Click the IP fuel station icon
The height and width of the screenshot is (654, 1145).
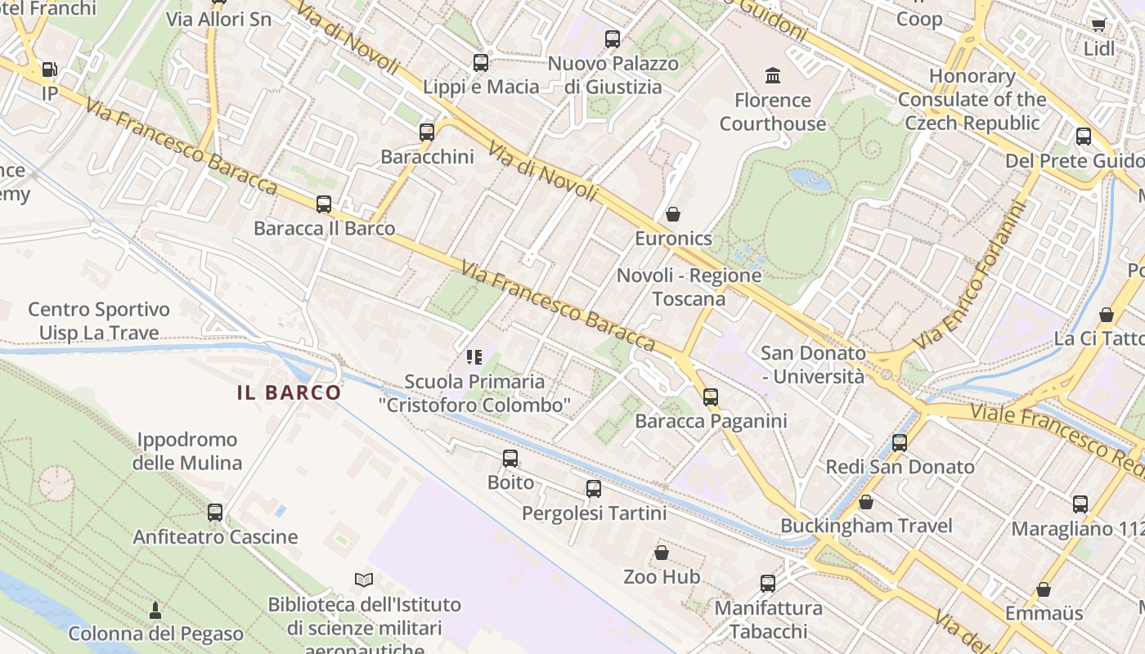click(49, 70)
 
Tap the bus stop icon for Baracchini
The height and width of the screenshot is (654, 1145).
click(426, 132)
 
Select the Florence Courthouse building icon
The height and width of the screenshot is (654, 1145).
click(772, 77)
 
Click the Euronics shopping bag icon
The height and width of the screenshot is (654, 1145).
click(673, 215)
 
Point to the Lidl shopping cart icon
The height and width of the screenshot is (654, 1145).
click(1098, 25)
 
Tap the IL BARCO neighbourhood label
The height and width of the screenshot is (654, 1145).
click(289, 392)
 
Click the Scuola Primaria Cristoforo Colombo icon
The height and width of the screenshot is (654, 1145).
click(474, 357)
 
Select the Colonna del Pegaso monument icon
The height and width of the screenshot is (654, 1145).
click(155, 610)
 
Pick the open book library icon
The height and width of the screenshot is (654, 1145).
click(364, 580)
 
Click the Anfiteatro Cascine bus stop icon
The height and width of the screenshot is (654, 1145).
click(215, 513)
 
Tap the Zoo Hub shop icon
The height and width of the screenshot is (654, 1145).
click(661, 553)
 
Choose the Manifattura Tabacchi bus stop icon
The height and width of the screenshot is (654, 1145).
click(767, 584)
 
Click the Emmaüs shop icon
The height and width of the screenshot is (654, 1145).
click(1043, 589)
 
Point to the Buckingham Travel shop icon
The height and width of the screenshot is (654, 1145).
click(865, 502)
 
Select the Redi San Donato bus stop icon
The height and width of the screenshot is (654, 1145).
click(900, 443)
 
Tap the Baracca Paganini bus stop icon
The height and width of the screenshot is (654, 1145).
click(711, 397)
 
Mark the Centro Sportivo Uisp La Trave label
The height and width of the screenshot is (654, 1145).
click(99, 321)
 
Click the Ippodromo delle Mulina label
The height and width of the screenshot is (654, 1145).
click(187, 451)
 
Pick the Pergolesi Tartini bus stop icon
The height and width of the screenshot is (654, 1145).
click(594, 490)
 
